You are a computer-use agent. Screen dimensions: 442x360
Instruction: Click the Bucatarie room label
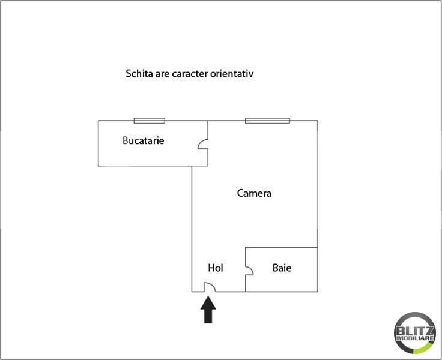[143, 141]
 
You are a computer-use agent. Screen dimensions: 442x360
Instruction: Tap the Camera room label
[254, 193]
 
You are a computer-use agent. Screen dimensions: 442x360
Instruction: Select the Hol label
[215, 268]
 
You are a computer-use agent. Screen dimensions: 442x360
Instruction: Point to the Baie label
[282, 268]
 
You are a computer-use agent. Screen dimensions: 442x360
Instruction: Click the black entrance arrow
[208, 310]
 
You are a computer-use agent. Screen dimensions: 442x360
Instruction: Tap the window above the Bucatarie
[149, 121]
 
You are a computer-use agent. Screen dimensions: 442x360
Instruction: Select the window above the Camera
[267, 121]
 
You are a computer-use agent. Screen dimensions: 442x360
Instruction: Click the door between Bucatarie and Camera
[204, 145]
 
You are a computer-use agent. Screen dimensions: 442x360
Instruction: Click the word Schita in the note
[138, 74]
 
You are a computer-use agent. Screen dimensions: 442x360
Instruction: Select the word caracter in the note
[187, 74]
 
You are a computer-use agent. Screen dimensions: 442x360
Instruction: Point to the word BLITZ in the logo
[415, 330]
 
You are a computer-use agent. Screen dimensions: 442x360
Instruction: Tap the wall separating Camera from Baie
[281, 247]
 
